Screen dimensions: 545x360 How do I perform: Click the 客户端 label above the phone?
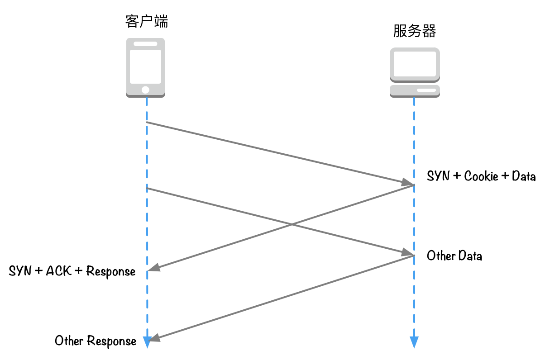tap(147, 21)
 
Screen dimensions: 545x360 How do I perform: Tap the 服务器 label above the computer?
tap(415, 31)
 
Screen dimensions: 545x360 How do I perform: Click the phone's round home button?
tap(145, 90)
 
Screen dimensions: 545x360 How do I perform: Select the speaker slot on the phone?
tap(145, 44)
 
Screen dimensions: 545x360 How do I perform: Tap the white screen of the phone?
tap(145, 66)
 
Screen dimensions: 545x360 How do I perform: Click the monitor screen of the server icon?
tap(415, 64)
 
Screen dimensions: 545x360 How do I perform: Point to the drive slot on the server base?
tap(426, 90)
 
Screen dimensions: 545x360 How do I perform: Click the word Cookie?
tap(481, 176)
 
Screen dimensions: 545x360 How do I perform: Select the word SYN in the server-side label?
tap(438, 176)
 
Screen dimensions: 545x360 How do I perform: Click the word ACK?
tap(59, 271)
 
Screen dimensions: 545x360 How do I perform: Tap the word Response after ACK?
tap(111, 272)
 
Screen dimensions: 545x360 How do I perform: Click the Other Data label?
tap(454, 256)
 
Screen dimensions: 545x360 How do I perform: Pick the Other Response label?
tap(96, 341)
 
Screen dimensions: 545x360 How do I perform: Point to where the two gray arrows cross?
tap(292, 224)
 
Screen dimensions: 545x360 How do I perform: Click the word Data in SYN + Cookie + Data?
tap(524, 176)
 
